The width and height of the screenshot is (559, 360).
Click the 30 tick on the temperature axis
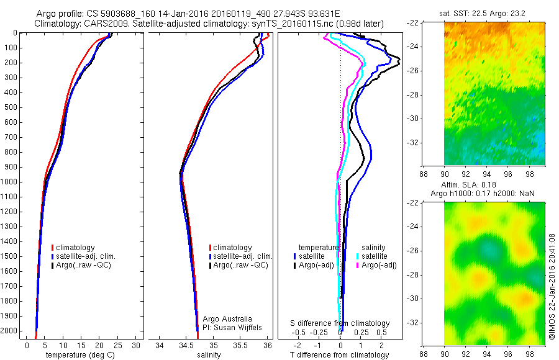[136, 345]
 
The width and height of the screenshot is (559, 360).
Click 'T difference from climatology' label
[339, 355]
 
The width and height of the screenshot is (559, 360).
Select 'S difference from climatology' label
[340, 323]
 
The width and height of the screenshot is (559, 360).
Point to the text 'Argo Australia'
[227, 319]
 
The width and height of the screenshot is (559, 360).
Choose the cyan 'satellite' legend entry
[375, 256]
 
